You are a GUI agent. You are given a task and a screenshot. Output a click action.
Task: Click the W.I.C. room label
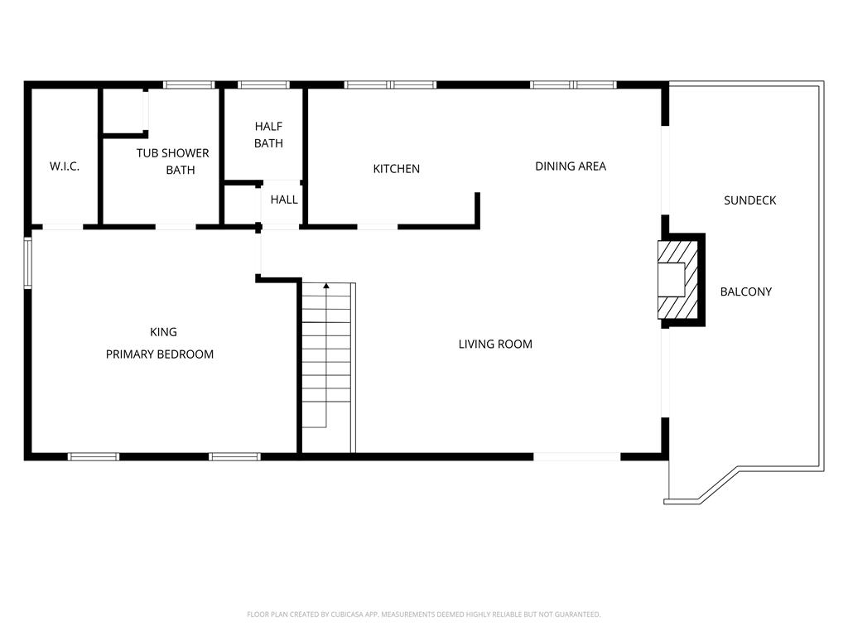tap(65, 166)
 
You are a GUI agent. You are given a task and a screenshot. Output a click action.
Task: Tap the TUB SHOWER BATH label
tap(172, 161)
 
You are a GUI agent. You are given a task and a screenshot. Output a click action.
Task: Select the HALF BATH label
tap(269, 135)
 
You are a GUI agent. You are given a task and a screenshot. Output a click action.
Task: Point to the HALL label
tap(284, 200)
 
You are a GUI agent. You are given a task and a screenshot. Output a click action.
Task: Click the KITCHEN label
tap(397, 169)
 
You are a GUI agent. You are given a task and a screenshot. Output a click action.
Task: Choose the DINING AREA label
tap(571, 166)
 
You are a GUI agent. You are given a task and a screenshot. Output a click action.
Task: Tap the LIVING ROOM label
tap(495, 344)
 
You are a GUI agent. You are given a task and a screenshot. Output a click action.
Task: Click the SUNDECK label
tap(749, 200)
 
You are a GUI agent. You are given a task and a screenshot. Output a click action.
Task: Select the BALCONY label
tap(746, 292)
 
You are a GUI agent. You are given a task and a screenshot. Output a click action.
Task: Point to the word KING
tap(163, 332)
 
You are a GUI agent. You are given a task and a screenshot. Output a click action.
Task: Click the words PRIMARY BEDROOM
tap(160, 354)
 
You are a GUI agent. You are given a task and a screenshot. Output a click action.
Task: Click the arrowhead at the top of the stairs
tap(326, 286)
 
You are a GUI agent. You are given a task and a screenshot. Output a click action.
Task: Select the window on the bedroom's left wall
tap(27, 263)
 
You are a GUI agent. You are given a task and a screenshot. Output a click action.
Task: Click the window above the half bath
tap(263, 85)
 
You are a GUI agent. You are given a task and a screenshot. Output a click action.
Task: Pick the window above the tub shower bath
tap(189, 85)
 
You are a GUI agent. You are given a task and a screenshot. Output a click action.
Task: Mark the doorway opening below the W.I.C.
tap(63, 227)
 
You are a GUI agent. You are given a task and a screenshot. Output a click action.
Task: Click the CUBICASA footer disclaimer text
tap(423, 614)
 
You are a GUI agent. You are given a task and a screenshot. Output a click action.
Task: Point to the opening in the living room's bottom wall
tap(577, 457)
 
